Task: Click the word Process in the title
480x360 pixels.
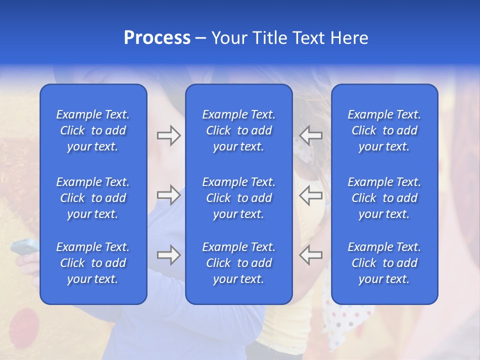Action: coord(157,38)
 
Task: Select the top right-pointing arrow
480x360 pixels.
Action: coord(168,135)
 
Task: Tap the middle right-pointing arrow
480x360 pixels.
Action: coord(168,195)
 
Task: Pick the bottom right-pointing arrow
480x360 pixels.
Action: coord(168,255)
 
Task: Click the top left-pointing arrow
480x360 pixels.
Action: coord(310,135)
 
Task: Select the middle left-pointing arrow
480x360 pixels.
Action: coord(310,195)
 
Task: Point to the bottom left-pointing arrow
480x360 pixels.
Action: coord(310,255)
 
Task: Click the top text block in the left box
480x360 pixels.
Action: coord(93,130)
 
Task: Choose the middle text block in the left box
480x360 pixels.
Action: coord(93,198)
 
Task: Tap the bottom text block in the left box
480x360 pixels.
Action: coord(93,263)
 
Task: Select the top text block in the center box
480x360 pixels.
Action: coord(238,130)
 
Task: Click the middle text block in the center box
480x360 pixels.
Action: coord(238,198)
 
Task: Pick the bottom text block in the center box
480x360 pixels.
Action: coord(238,263)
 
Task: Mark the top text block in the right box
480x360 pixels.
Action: coord(384,130)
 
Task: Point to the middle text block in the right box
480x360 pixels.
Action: coord(384,198)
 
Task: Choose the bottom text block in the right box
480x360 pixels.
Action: coord(384,263)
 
